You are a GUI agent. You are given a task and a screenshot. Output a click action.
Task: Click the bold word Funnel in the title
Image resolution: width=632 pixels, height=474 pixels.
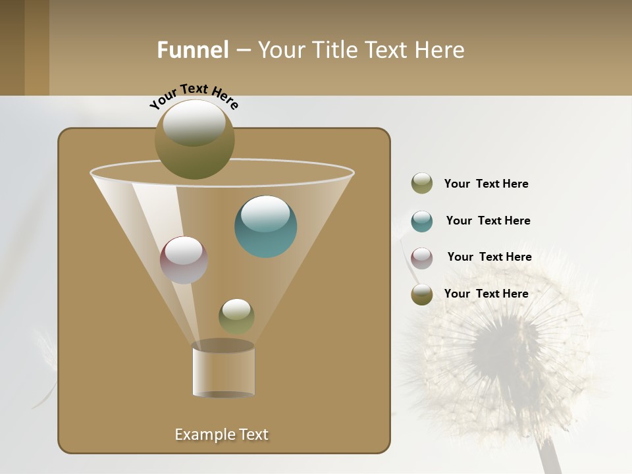pyautogui.click(x=192, y=50)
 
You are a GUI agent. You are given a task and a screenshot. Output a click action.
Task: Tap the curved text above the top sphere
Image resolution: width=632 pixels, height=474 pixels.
pyautogui.click(x=194, y=95)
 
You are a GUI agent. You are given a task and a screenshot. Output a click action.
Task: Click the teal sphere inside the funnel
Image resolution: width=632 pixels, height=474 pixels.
pyautogui.click(x=266, y=227)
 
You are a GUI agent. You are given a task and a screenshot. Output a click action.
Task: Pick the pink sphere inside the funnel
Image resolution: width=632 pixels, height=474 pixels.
pyautogui.click(x=184, y=260)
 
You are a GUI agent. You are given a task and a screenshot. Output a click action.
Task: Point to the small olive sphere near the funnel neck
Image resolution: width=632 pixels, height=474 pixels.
pyautogui.click(x=236, y=317)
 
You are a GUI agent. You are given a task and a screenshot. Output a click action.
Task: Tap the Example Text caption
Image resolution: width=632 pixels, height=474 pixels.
pyautogui.click(x=222, y=434)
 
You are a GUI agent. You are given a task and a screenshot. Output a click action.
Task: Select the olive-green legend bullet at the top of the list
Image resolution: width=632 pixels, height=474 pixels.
pyautogui.click(x=422, y=184)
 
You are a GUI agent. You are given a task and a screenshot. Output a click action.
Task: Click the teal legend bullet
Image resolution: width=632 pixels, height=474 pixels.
pyautogui.click(x=422, y=221)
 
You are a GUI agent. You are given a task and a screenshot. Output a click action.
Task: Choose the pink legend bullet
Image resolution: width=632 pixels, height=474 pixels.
pyautogui.click(x=422, y=257)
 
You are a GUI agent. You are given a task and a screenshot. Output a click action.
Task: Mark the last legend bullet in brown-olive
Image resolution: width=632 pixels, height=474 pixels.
pyautogui.click(x=422, y=294)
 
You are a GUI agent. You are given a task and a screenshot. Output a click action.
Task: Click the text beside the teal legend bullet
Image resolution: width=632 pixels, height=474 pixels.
pyautogui.click(x=488, y=221)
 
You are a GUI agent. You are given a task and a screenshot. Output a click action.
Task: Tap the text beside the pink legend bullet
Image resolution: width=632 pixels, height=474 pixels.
pyautogui.click(x=489, y=257)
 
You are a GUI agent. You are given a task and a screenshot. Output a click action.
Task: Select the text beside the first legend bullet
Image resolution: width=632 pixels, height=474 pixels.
pyautogui.click(x=486, y=184)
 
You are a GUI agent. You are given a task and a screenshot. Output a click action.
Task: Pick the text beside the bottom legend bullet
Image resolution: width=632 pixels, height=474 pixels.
pyautogui.click(x=486, y=294)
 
